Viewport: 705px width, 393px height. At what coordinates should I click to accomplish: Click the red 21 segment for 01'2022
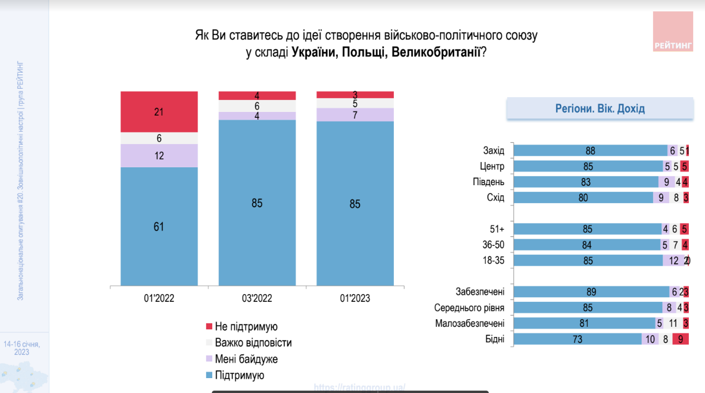click(159, 112)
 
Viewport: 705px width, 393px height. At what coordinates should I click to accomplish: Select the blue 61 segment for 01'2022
click(159, 226)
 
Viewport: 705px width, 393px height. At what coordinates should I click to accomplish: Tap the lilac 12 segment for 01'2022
click(159, 155)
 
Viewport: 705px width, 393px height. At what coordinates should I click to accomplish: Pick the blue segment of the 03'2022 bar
click(257, 203)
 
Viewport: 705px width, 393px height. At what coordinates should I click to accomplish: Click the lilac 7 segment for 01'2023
click(355, 114)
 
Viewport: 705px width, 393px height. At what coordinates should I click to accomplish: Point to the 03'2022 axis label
click(257, 298)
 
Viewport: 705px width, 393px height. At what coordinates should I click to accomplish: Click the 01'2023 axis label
click(355, 298)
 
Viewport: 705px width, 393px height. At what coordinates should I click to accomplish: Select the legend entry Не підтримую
click(246, 327)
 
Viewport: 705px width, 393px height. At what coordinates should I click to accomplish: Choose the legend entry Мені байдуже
click(246, 359)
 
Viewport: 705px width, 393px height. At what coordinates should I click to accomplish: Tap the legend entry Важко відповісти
click(253, 343)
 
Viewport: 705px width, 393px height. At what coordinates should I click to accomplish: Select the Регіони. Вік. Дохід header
click(600, 109)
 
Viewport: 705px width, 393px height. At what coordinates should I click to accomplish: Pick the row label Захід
click(493, 151)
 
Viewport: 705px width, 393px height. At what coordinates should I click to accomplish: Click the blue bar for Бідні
click(577, 339)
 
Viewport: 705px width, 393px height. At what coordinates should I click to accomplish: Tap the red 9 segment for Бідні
click(681, 339)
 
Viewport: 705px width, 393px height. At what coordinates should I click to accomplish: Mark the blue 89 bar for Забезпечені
click(591, 292)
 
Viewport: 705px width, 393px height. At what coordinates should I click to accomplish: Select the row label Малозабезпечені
click(470, 323)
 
